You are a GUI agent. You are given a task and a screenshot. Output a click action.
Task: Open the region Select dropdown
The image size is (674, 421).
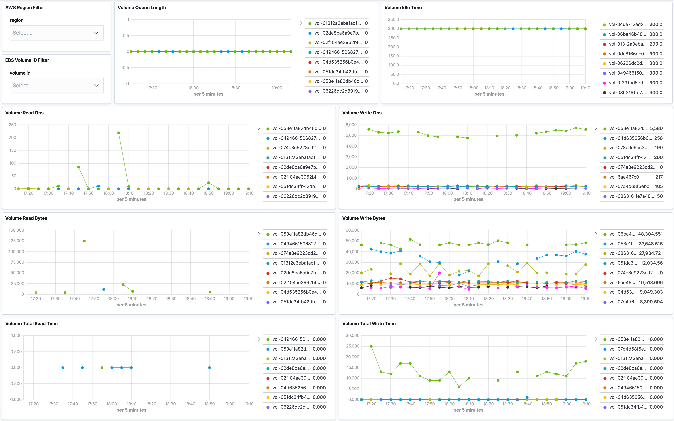[56, 33]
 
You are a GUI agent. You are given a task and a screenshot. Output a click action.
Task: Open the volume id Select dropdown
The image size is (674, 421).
[56, 85]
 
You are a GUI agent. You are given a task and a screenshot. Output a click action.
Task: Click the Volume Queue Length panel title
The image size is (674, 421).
[142, 8]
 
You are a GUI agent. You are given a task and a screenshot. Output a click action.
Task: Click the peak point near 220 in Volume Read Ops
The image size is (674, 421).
[119, 133]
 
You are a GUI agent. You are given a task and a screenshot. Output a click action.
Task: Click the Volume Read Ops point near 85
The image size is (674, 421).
[78, 167]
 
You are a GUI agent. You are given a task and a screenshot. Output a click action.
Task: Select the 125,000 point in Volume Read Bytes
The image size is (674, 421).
[84, 241]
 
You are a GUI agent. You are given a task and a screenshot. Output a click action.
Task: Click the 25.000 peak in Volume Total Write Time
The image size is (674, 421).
[371, 346]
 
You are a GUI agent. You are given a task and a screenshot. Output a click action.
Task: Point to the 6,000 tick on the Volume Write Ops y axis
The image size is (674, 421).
[351, 125]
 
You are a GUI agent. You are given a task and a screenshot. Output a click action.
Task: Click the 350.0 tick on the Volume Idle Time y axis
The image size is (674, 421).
[393, 19]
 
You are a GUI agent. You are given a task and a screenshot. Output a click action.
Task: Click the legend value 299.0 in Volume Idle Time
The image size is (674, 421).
[656, 44]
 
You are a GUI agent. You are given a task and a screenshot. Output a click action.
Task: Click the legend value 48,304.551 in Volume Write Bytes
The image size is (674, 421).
[650, 234]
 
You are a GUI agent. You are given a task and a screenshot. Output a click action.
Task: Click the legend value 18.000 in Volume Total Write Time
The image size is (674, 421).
[655, 339]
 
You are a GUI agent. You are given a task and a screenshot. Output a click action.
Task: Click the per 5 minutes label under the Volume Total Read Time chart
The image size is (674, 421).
[131, 410]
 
